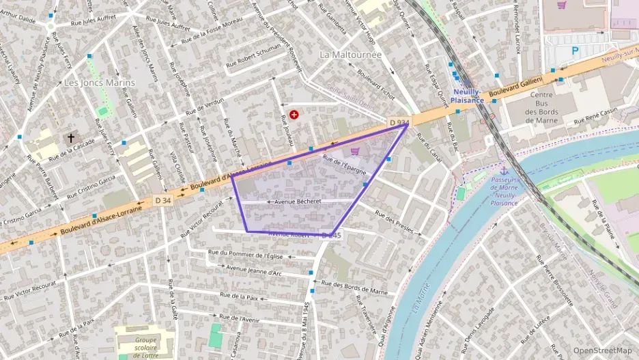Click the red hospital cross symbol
click(294, 115)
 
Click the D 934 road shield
click(399, 122)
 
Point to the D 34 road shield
click(162, 200)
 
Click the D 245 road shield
click(330, 235)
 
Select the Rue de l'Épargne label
click(345, 165)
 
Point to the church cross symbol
click(70, 138)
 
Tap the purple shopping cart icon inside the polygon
click(354, 151)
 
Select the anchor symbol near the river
click(504, 170)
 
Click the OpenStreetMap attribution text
click(602, 350)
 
